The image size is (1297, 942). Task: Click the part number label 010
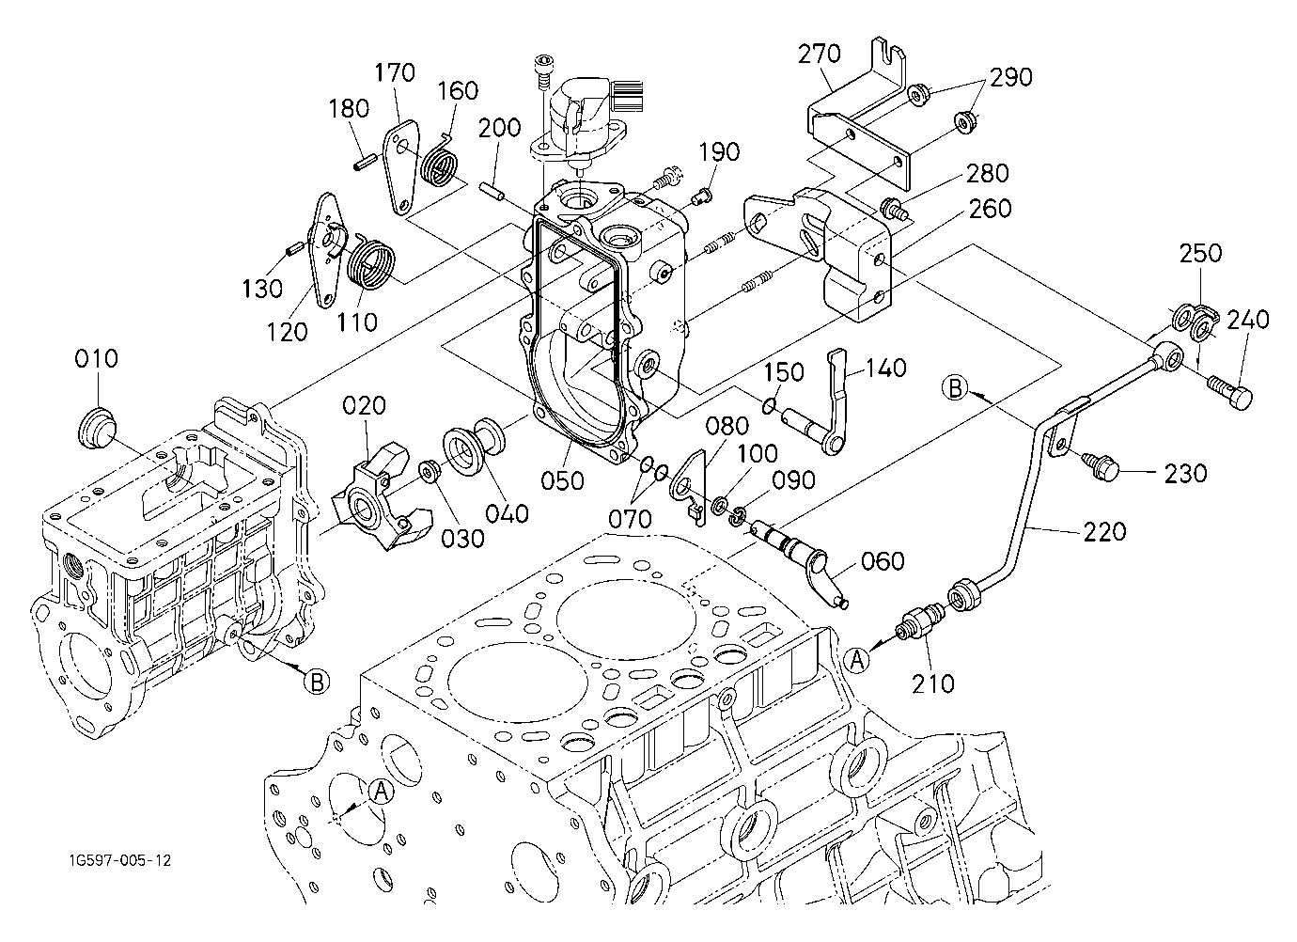pos(96,358)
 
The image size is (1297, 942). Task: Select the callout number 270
pos(820,54)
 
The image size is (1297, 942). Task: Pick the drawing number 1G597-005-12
pos(120,860)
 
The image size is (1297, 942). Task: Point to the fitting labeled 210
pos(918,621)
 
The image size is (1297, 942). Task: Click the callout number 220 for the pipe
pos(1104,531)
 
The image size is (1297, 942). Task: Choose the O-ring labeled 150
pos(769,408)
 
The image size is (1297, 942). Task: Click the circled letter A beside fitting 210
pos(857,661)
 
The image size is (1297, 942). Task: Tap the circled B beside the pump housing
pos(316,682)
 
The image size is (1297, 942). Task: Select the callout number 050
pos(562,480)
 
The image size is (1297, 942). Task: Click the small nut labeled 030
pos(430,470)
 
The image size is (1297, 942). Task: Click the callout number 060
pos(883,561)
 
